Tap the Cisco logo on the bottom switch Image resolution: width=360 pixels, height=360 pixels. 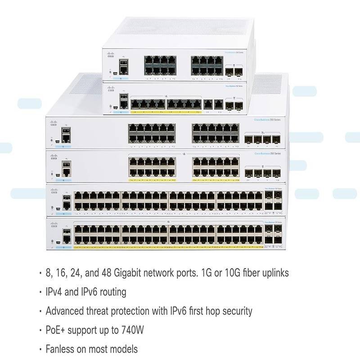(54, 225)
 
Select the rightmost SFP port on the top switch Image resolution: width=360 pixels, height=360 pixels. (239, 71)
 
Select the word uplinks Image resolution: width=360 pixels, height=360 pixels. (273, 273)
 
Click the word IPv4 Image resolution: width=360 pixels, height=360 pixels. (55, 292)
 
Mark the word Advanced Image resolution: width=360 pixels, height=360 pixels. (65, 310)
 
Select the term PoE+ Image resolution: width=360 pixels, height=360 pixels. (56, 330)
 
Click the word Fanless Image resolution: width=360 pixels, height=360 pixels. (61, 349)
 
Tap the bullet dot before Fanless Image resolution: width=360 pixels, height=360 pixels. (40, 349)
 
